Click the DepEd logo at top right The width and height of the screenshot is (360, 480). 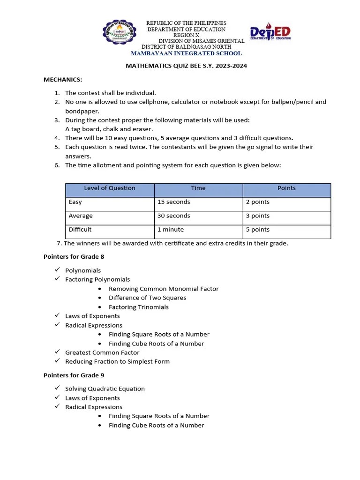click(x=270, y=33)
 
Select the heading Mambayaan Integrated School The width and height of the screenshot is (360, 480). click(x=186, y=53)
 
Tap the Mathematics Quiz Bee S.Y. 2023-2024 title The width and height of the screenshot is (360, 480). click(x=186, y=66)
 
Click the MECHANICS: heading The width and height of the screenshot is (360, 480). click(x=63, y=80)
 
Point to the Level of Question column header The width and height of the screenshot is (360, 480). click(x=110, y=188)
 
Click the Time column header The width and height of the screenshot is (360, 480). click(x=198, y=188)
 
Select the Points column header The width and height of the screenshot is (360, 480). click(x=286, y=188)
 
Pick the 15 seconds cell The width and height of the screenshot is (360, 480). click(x=174, y=202)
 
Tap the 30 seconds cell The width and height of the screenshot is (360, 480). click(x=174, y=216)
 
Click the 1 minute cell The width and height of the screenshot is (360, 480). click(x=171, y=230)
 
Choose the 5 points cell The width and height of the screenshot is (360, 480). click(x=258, y=230)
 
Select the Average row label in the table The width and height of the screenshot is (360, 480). click(x=81, y=216)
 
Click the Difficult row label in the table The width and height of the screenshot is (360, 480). click(x=80, y=230)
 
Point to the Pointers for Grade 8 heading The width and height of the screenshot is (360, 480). click(x=74, y=256)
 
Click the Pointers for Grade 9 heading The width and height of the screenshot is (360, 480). click(x=74, y=375)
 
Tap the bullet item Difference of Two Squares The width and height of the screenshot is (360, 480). click(x=147, y=298)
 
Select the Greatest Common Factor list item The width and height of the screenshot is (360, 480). click(x=102, y=352)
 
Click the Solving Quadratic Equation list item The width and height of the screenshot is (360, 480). click(x=105, y=389)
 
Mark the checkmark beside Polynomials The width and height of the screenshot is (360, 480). click(x=57, y=270)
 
